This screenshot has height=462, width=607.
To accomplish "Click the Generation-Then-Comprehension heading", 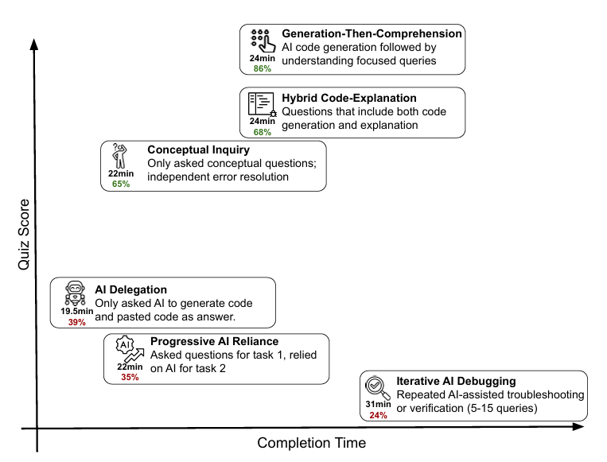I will (372, 34).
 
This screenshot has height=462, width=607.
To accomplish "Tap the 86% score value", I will (263, 68).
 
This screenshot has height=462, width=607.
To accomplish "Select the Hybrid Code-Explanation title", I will (349, 99).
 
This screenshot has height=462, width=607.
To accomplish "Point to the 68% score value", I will (263, 132).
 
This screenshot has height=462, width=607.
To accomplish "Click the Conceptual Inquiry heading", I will (199, 149).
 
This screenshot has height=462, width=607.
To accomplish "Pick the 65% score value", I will (121, 184).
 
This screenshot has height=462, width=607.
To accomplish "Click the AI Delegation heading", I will (131, 289).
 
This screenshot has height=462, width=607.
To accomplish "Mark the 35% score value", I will (129, 377).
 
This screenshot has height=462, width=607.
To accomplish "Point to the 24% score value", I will (378, 414).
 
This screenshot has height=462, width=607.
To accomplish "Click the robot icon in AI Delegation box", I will (76, 293).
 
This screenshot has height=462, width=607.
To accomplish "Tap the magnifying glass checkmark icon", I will (377, 388).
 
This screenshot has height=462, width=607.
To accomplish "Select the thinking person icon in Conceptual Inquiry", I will (121, 157).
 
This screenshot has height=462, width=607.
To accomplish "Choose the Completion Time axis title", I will (312, 443).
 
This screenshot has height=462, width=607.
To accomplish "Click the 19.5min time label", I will (77, 311).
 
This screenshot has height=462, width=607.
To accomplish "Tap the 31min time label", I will (378, 404).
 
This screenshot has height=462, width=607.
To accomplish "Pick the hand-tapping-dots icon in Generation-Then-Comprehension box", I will (263, 41).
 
